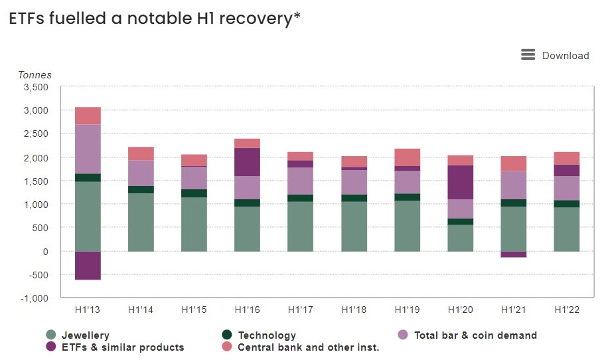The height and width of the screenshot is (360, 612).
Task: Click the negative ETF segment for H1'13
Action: [88, 266]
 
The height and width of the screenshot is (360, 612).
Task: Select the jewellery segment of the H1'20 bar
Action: [460, 238]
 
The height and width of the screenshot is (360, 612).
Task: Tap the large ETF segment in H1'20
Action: [460, 182]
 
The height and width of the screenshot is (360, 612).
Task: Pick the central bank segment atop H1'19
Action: [407, 157]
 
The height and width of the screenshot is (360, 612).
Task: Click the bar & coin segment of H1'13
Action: [88, 149]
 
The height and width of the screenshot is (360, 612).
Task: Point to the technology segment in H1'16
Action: [247, 203]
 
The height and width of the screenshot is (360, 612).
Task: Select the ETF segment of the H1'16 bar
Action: [247, 162]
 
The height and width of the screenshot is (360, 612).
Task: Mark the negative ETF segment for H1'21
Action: [513, 254]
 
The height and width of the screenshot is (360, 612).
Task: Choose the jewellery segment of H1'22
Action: [566, 229]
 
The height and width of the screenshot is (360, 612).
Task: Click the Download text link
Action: [566, 56]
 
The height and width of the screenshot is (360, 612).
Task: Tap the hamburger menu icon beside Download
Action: [528, 55]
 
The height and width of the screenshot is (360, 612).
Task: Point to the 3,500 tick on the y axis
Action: [36, 87]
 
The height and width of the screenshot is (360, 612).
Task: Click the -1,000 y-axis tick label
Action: [35, 298]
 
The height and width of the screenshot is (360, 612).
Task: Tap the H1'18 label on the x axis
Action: [354, 310]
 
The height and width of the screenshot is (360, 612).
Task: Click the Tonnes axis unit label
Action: [35, 75]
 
